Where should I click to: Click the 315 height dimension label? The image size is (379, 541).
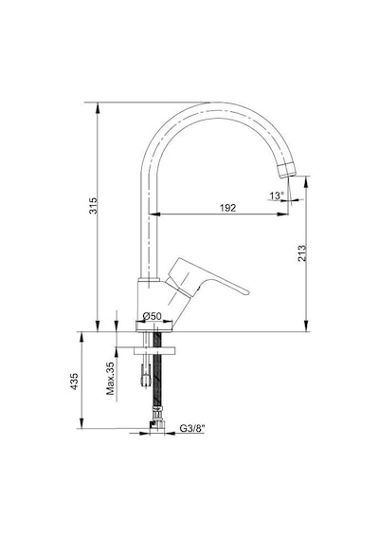pos(94,206)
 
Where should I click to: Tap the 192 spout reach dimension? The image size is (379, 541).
pos(227,208)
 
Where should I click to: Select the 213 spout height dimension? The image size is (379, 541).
pos(301,252)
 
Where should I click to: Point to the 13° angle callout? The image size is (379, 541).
pos(277,196)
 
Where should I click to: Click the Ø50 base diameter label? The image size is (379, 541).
pos(153,316)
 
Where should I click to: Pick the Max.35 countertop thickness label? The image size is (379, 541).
pos(110,379)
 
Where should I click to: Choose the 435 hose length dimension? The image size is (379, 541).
pos(74,382)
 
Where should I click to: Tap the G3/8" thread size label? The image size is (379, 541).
pos(192,428)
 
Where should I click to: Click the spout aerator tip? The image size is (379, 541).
pos(287,170)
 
